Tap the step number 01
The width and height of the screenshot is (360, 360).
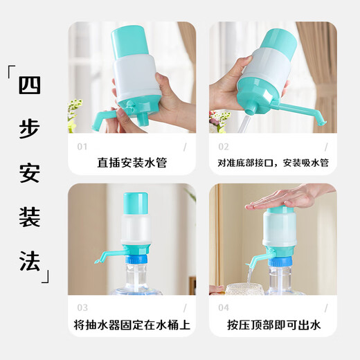coord(82,147)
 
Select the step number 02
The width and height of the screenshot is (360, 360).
coord(223,147)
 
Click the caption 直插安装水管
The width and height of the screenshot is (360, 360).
coord(132,163)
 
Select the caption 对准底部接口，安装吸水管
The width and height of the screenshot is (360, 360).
coord(273,163)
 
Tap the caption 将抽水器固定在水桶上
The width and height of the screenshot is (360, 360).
coord(132,325)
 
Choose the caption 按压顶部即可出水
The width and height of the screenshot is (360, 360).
coord(273,325)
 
